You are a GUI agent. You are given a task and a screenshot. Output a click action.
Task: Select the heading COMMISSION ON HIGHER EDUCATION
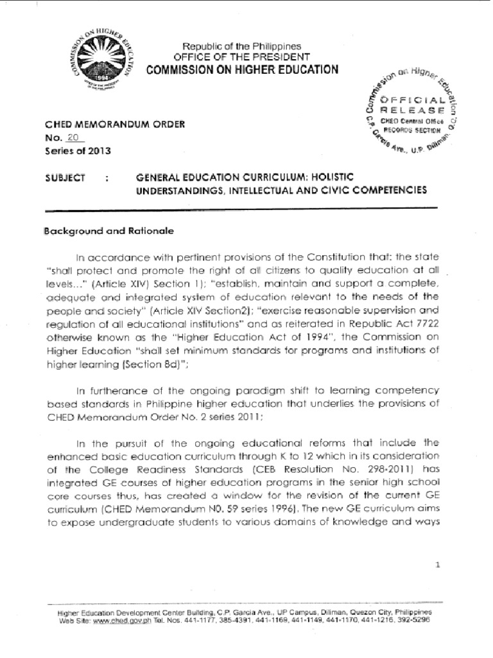click(x=242, y=69)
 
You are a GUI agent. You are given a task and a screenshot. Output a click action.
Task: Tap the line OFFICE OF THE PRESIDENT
click(x=242, y=57)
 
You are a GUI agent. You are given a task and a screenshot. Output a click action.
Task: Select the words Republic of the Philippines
click(x=242, y=47)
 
